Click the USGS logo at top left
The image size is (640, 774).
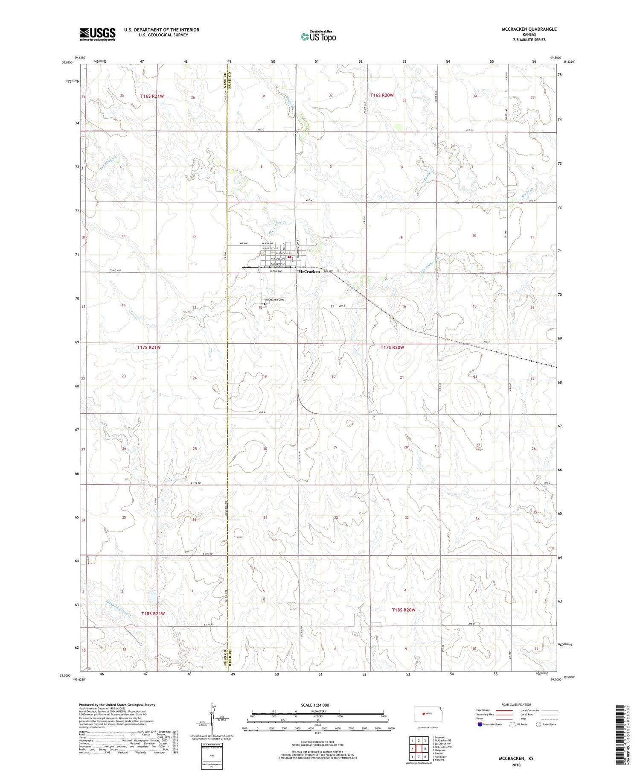click(97, 34)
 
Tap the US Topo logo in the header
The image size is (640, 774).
click(318, 37)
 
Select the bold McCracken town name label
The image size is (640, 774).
click(309, 272)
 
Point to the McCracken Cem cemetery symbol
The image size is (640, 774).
click(265, 304)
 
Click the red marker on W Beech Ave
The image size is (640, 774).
click(289, 257)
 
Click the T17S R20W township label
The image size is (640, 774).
click(392, 348)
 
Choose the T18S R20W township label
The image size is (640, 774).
click(403, 610)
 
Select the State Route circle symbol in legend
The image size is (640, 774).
click(538, 724)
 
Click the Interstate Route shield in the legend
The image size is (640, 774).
click(480, 724)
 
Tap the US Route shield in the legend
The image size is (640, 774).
click(512, 724)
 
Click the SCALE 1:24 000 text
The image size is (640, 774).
click(317, 705)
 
